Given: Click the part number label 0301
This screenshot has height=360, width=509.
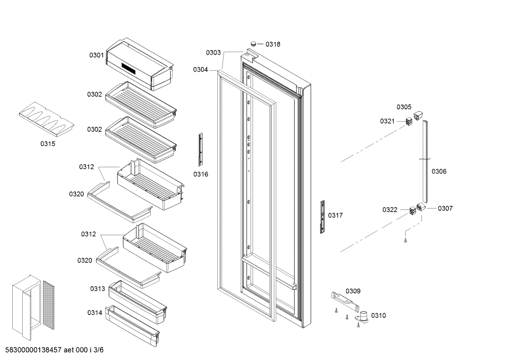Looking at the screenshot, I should [x=96, y=55].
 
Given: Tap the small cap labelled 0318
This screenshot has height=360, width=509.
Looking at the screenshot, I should [x=253, y=43].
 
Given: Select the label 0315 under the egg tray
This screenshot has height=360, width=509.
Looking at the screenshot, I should [x=48, y=144].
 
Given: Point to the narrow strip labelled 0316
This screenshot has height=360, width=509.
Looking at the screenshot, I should [x=200, y=149].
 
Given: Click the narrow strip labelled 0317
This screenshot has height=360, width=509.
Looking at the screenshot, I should [x=322, y=217].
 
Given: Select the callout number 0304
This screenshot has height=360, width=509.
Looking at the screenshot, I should [x=200, y=70].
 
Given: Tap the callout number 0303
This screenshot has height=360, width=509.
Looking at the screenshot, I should [x=213, y=53].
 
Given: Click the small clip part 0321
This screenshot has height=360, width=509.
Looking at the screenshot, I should [x=409, y=122].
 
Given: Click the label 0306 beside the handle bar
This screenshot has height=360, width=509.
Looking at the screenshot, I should [x=439, y=171].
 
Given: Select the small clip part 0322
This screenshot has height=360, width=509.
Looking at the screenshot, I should [x=412, y=211].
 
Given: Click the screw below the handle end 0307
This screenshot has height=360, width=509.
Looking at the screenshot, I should [x=406, y=241].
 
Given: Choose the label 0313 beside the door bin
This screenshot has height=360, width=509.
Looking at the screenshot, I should [x=97, y=289].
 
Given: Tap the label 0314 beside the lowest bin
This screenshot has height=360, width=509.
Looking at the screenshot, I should [x=95, y=313].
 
